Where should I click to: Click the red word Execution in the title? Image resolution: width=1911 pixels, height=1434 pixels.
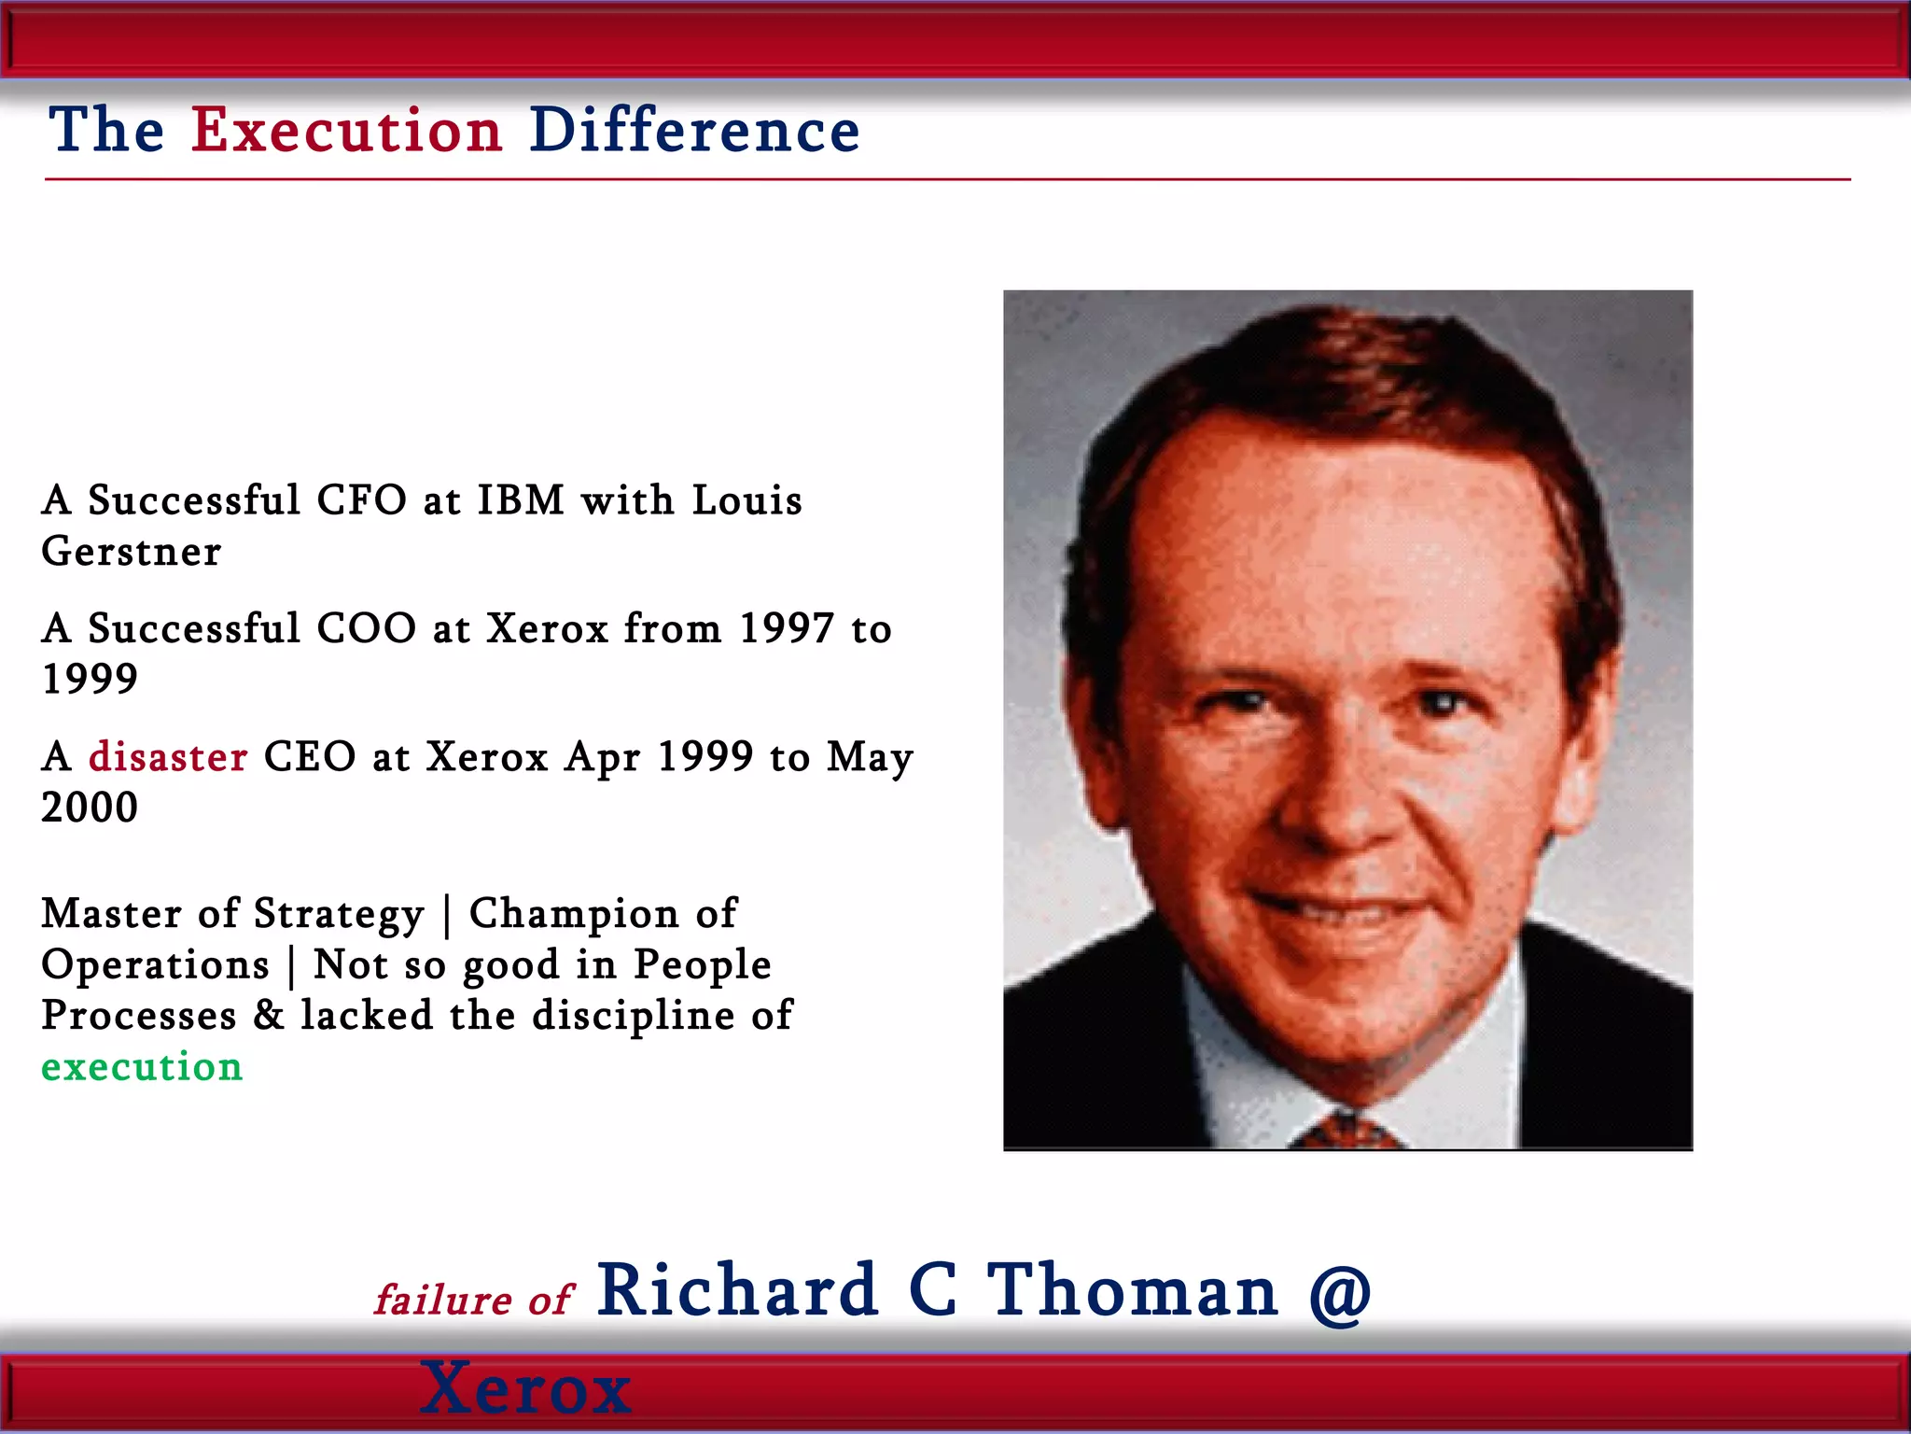(x=347, y=130)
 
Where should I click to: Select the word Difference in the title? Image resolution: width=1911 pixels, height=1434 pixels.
(x=694, y=130)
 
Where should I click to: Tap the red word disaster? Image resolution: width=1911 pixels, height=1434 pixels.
(x=168, y=756)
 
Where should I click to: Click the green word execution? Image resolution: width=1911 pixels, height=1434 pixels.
(x=142, y=1066)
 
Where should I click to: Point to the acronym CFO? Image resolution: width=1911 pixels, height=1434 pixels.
(x=362, y=500)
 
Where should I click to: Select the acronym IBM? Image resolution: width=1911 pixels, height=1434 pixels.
(x=521, y=500)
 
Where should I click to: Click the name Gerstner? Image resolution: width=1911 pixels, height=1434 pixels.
(x=132, y=551)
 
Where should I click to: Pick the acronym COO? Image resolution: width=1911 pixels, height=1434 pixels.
(x=366, y=628)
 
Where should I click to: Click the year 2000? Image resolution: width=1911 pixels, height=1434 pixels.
(x=90, y=807)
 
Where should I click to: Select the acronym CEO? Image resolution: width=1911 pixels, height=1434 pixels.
(x=310, y=756)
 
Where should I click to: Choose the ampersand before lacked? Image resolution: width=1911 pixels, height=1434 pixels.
(x=269, y=1016)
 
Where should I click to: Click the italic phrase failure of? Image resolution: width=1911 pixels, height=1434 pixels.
(x=473, y=1300)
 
